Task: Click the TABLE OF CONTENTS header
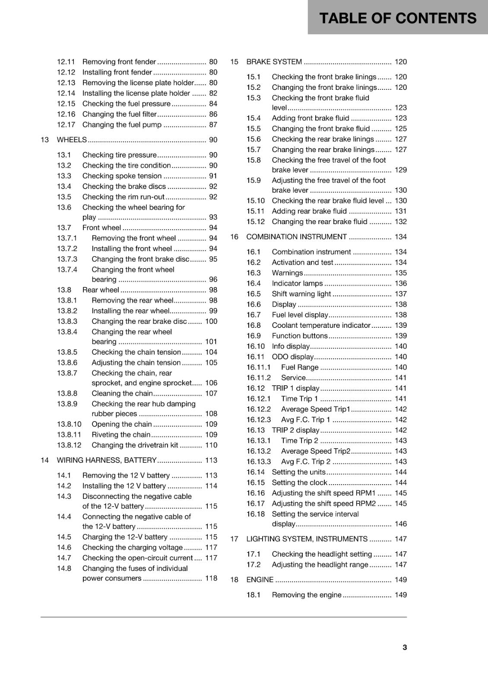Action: click(397, 18)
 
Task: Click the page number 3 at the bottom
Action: click(404, 647)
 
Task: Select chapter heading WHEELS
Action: click(72, 139)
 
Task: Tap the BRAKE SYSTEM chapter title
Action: click(274, 62)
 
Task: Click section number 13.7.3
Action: click(67, 259)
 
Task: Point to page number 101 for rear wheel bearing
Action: click(211, 342)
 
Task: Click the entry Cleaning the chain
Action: click(122, 393)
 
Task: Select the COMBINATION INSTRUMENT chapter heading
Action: click(296, 237)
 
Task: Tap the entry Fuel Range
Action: click(299, 367)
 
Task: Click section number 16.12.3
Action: click(258, 420)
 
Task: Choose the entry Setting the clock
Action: click(299, 482)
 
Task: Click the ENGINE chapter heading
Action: click(260, 580)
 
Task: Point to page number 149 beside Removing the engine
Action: click(400, 595)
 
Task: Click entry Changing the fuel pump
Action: click(122, 125)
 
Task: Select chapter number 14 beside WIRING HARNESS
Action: click(44, 460)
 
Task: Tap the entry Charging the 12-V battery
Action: click(125, 537)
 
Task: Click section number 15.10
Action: click(255, 201)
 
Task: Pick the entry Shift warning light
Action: click(301, 294)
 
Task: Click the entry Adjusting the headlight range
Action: click(320, 564)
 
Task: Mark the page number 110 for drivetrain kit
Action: click(211, 445)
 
